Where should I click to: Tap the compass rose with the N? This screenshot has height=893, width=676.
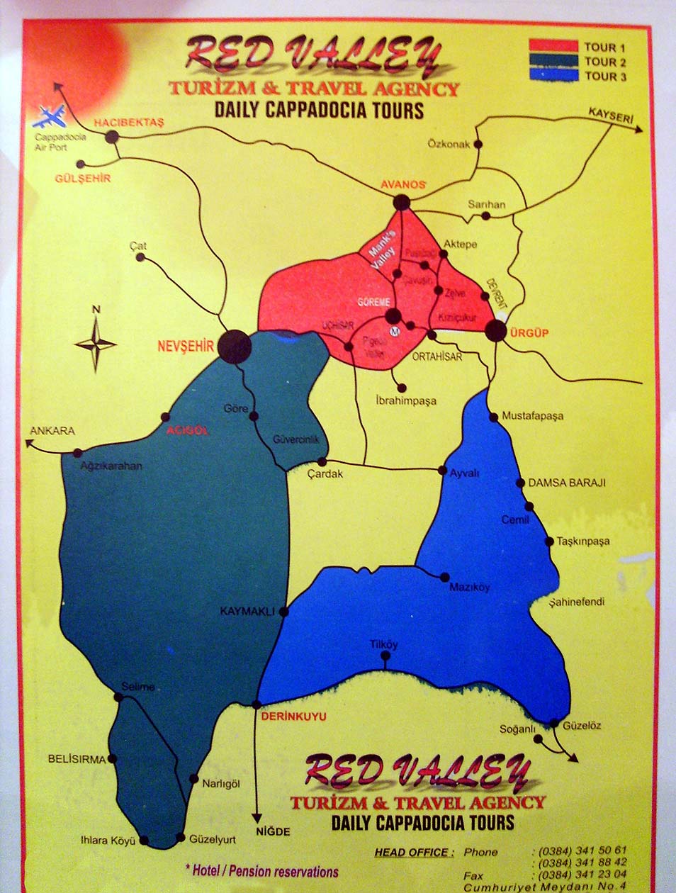[x=96, y=344]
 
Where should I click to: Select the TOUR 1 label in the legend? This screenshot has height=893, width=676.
[x=604, y=47]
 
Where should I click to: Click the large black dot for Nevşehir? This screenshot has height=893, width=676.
[x=235, y=347]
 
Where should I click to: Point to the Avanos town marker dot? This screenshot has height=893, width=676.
[x=402, y=203]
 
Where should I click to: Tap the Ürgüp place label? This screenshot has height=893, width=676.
[x=529, y=332]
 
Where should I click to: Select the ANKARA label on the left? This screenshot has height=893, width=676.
[x=52, y=431]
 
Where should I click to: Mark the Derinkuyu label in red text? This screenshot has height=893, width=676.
[x=293, y=717]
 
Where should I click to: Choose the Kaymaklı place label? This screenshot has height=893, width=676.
[x=247, y=611]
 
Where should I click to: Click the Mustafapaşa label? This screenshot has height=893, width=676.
[x=532, y=416]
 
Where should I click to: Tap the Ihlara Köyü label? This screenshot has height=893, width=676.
[x=108, y=841]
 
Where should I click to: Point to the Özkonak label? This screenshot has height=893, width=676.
[x=449, y=144]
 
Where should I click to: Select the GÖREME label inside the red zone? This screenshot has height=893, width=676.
[x=373, y=303]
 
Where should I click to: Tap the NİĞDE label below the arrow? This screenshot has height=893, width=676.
[x=273, y=831]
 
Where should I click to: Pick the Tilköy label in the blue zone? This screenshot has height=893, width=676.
[x=384, y=645]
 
